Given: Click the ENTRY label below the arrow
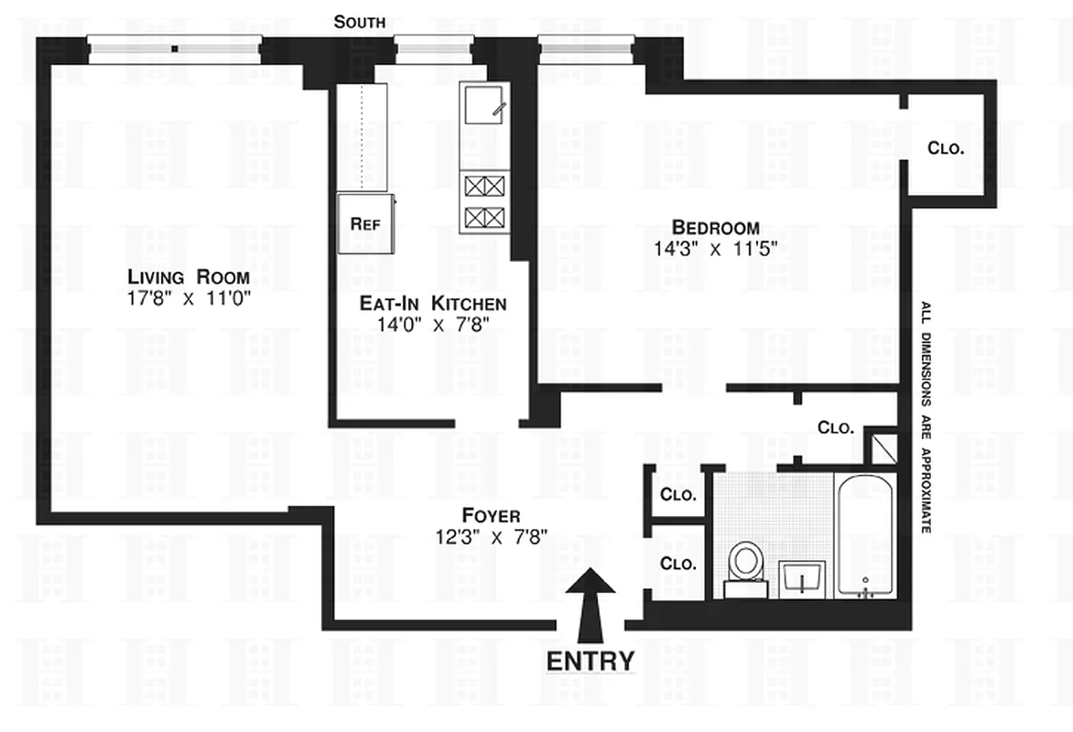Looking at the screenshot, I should (591, 661).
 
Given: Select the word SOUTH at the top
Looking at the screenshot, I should (359, 22).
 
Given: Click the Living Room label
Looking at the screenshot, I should (189, 277).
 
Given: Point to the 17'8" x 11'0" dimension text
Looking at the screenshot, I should (190, 297).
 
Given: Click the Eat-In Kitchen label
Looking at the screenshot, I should (432, 304).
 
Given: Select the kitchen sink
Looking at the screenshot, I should (483, 103).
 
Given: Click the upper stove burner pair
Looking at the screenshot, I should (483, 187).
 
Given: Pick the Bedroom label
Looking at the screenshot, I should (715, 227).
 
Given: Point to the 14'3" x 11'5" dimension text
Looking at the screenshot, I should (715, 247).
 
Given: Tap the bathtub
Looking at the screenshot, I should (865, 535).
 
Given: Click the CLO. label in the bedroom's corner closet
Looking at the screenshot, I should (946, 148).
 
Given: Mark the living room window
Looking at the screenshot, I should (174, 49).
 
